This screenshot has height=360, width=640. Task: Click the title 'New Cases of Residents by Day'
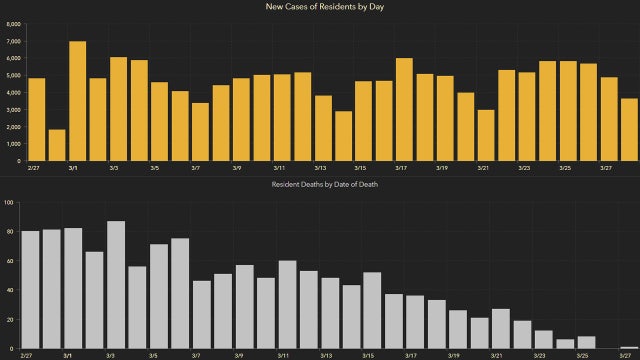pos(320,7)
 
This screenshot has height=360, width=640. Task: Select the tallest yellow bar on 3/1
pos(77,101)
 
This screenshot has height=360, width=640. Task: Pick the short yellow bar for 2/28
pos(57,145)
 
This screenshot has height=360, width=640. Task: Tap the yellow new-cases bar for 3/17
pos(404,109)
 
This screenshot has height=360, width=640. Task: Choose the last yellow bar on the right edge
pos(629,129)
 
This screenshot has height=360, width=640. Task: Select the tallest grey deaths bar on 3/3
pos(115,284)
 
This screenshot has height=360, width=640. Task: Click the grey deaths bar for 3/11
pos(287,304)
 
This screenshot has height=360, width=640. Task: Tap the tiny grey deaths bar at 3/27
pos(629,346)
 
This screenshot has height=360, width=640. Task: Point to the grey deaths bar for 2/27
pos(30,289)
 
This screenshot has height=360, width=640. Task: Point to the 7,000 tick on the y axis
pos(12,41)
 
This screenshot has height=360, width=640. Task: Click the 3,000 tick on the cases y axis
pos(12,110)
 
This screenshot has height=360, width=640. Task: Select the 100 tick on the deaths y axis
pos(9,203)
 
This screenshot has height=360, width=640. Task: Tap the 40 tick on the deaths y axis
pos(10,290)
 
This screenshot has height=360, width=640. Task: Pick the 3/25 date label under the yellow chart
pos(565,168)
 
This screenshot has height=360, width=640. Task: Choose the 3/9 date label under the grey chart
pos(237,355)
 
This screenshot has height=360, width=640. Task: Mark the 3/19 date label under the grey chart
pos(454,355)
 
